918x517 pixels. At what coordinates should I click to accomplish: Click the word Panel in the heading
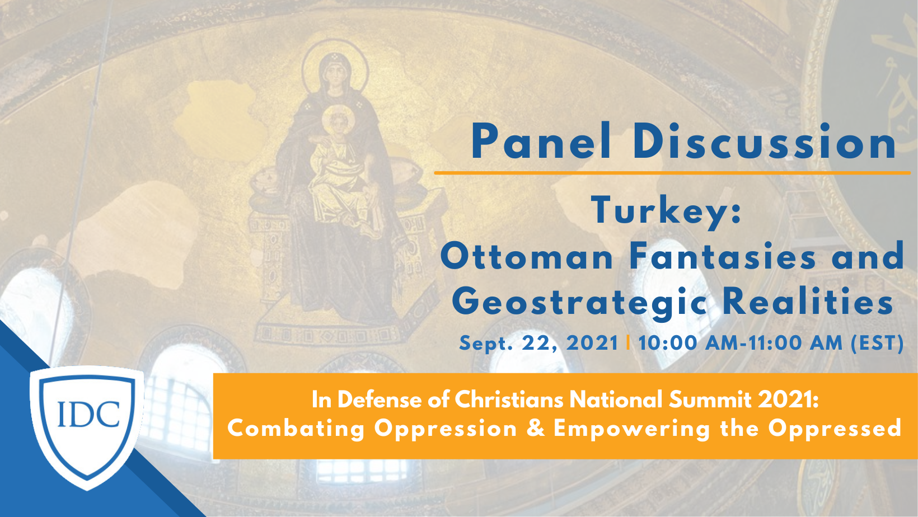541,141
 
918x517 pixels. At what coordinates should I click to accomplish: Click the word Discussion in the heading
765,141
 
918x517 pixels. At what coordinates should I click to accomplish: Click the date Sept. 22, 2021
538,344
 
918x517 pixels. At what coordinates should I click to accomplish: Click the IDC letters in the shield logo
88,413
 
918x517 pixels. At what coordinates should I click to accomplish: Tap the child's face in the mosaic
338,121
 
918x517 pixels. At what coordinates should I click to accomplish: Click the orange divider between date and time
628,343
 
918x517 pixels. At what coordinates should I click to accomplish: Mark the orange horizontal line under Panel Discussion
672,173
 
